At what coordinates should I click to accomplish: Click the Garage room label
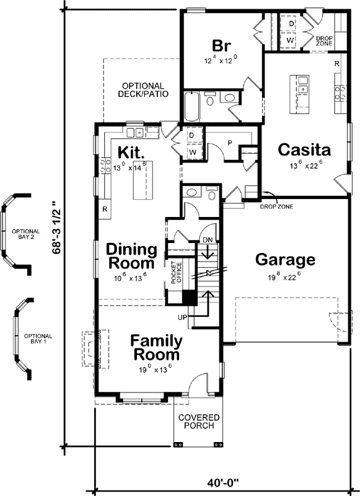285,260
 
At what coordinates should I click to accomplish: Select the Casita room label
304,150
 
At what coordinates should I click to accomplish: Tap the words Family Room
156,348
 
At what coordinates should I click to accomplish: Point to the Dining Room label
131,256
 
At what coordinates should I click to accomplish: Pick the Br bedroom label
221,46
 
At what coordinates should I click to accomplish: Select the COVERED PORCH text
196,422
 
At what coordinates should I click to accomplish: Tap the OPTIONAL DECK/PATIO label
143,90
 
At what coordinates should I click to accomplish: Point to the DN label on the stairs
208,240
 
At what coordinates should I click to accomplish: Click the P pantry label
229,142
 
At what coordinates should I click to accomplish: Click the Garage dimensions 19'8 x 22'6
285,277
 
